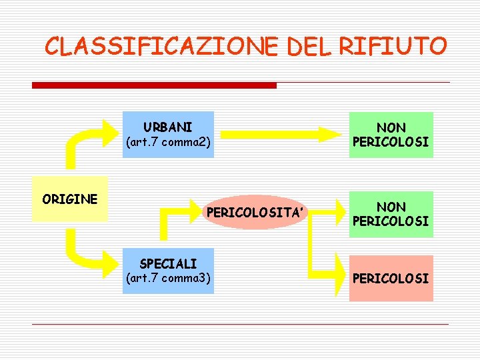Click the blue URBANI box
[x=168, y=134]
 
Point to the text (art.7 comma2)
[x=168, y=142]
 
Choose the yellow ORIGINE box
[x=70, y=199]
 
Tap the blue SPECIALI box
[x=168, y=271]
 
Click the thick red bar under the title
[x=154, y=85]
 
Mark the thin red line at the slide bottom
[x=240, y=325]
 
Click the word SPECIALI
[x=168, y=264]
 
